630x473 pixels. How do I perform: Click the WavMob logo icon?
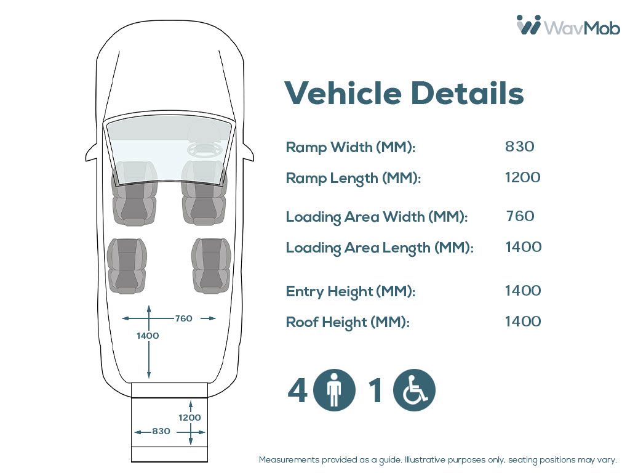pyautogui.click(x=528, y=25)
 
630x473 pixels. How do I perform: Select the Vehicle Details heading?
pyautogui.click(x=404, y=93)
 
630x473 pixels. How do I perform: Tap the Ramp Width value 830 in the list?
pyautogui.click(x=520, y=147)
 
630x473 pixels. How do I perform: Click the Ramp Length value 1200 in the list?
pyautogui.click(x=522, y=177)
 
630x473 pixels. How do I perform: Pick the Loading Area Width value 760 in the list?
pyautogui.click(x=520, y=216)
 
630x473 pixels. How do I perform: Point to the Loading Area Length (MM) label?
pyautogui.click(x=380, y=248)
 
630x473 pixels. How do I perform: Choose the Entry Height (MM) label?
pyautogui.click(x=351, y=291)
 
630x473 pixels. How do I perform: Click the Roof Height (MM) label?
pyautogui.click(x=348, y=322)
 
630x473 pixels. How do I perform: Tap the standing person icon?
pyautogui.click(x=334, y=390)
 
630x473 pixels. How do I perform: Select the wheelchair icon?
pyautogui.click(x=414, y=390)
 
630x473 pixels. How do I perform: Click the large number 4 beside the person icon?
pyautogui.click(x=298, y=390)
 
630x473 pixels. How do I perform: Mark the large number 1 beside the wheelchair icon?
pyautogui.click(x=375, y=390)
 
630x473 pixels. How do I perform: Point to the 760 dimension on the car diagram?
pyautogui.click(x=183, y=318)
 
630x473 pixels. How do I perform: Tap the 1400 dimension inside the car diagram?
pyautogui.click(x=148, y=336)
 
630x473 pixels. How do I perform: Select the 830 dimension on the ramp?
pyautogui.click(x=161, y=432)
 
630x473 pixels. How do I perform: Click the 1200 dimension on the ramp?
pyautogui.click(x=189, y=418)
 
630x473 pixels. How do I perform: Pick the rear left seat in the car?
pyautogui.click(x=127, y=265)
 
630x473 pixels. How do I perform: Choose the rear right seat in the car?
pyautogui.click(x=211, y=265)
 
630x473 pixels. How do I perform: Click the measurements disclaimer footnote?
pyautogui.click(x=437, y=460)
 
